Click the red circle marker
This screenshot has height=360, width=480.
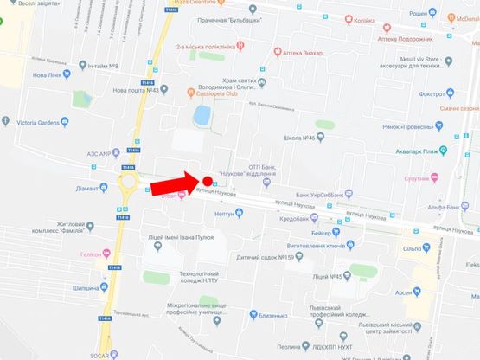(208, 181)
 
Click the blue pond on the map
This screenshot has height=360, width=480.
(202, 114)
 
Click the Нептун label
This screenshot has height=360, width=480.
(223, 213)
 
